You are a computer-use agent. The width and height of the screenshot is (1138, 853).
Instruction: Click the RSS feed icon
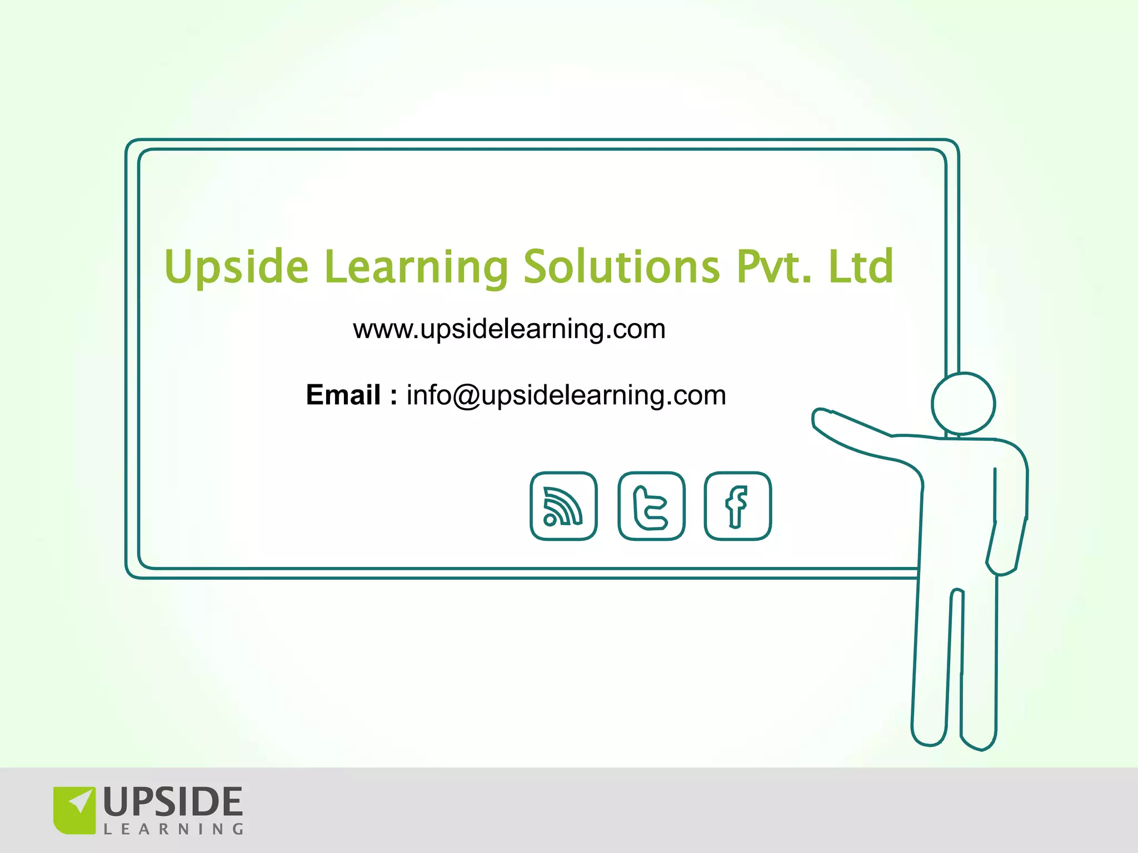coord(563,506)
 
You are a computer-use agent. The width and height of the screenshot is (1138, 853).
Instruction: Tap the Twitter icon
coord(651,506)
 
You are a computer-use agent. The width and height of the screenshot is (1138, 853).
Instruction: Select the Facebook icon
coord(738,506)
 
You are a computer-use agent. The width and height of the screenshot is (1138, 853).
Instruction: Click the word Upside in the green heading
coord(237,268)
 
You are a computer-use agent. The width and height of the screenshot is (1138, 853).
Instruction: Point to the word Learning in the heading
coord(416,268)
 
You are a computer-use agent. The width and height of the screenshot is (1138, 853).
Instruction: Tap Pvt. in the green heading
coord(774,267)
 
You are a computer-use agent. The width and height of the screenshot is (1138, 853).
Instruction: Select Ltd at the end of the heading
coord(861,267)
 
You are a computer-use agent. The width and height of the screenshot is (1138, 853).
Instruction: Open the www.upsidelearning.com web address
coord(509,329)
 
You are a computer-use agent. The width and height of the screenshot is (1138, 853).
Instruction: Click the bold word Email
coord(343,395)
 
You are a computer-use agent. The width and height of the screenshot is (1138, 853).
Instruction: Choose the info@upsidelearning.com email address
coord(566,395)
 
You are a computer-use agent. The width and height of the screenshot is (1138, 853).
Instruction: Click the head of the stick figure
coord(963,404)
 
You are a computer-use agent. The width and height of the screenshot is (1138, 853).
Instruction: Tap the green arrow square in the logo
coord(74,810)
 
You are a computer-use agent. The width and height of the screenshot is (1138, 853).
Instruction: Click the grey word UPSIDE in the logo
coord(173,802)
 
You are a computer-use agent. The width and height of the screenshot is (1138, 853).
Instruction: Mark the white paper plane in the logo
coord(80,802)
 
